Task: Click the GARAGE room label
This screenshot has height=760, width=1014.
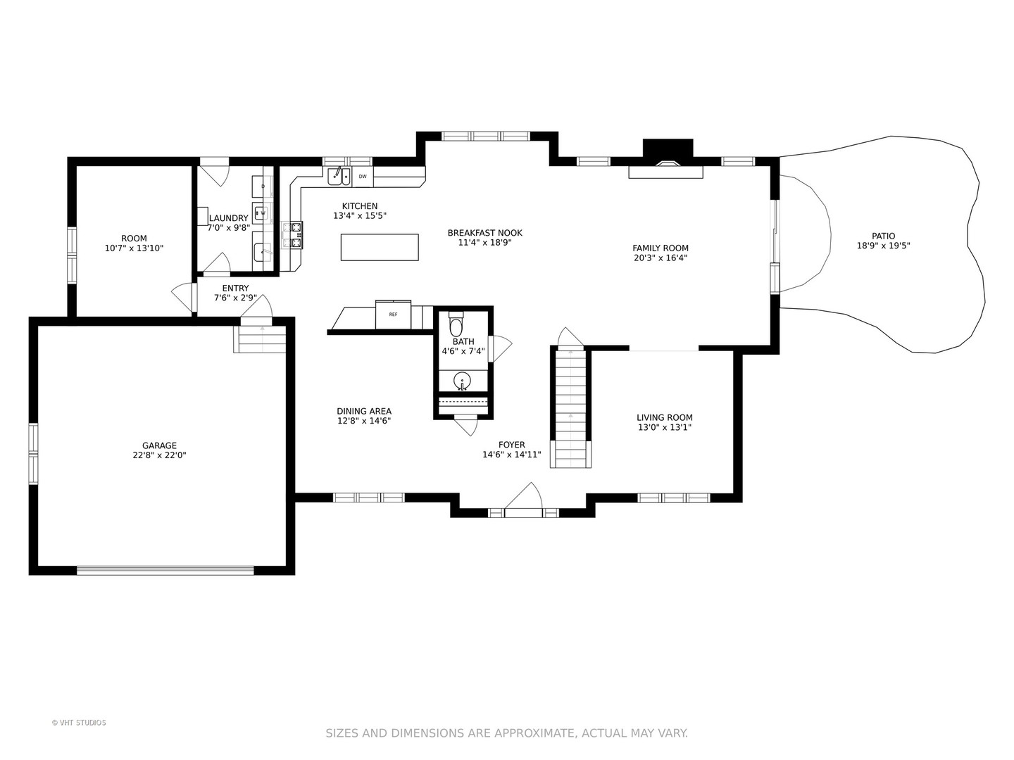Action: (x=159, y=445)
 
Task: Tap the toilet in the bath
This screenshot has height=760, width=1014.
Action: (x=456, y=324)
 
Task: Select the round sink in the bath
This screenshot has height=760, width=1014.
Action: (x=461, y=381)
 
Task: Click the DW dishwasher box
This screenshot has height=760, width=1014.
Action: (x=363, y=177)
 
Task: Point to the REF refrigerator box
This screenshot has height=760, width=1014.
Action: (x=393, y=315)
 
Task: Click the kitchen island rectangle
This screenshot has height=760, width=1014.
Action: (x=380, y=247)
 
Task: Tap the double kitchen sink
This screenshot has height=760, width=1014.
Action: (x=339, y=176)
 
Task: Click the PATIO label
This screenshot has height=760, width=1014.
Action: (x=883, y=236)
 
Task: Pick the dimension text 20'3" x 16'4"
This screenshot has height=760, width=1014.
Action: (x=661, y=258)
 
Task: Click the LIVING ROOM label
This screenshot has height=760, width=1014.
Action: (x=664, y=417)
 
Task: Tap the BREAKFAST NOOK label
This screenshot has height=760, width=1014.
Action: (x=484, y=233)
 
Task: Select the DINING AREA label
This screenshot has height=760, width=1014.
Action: (x=364, y=411)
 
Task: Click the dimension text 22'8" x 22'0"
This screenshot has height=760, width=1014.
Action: (x=159, y=455)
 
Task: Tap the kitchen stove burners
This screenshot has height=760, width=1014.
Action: (x=292, y=235)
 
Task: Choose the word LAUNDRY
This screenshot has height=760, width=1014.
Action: (x=229, y=218)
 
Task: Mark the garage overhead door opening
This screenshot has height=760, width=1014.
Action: (x=165, y=570)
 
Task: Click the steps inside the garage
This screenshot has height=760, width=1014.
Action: (x=260, y=339)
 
